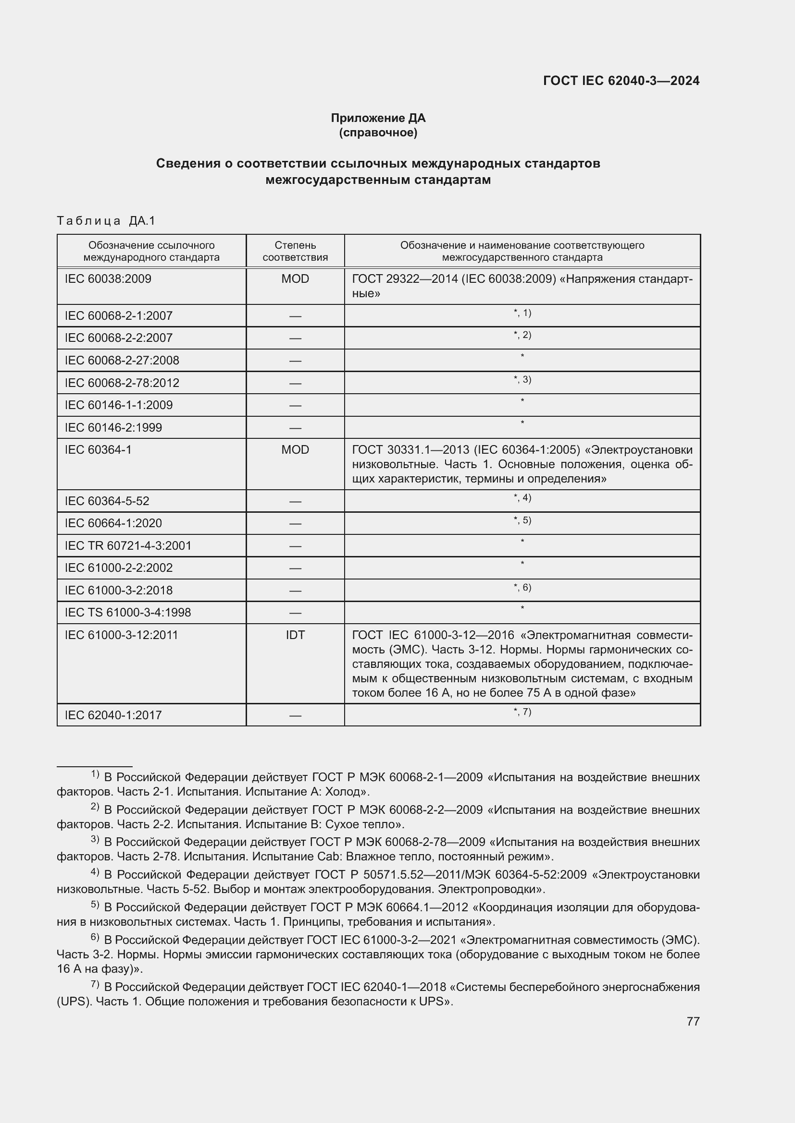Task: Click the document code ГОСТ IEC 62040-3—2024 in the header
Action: point(621,81)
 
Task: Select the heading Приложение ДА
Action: point(378,118)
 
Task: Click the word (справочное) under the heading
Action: point(378,133)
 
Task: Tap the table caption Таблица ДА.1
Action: point(106,221)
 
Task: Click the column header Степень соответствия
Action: point(295,252)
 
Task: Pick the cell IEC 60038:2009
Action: point(108,279)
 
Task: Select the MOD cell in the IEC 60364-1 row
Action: point(295,449)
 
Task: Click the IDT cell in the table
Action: point(295,635)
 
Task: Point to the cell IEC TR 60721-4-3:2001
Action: point(128,545)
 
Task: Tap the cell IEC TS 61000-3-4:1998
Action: point(128,612)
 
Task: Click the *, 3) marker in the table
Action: point(522,380)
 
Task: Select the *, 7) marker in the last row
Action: point(522,712)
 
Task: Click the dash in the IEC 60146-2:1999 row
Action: point(295,428)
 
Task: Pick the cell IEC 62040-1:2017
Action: point(113,715)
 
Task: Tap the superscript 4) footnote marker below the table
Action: point(95,872)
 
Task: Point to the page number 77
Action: point(693,1021)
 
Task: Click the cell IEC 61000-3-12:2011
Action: point(122,635)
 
